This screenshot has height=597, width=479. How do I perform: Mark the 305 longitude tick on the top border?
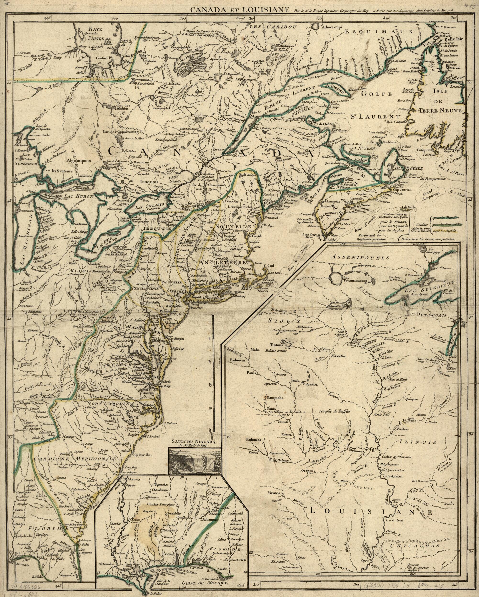click(182, 18)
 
